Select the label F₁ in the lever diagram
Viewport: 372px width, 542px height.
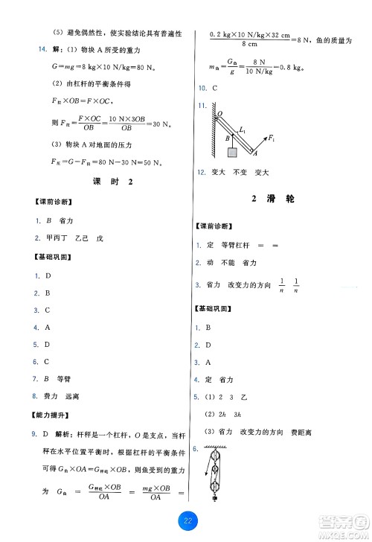[x=272, y=138]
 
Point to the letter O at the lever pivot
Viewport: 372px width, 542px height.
[x=219, y=114]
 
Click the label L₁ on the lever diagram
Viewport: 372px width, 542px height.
[x=242, y=130]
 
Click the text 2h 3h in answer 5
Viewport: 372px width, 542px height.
[x=227, y=414]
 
